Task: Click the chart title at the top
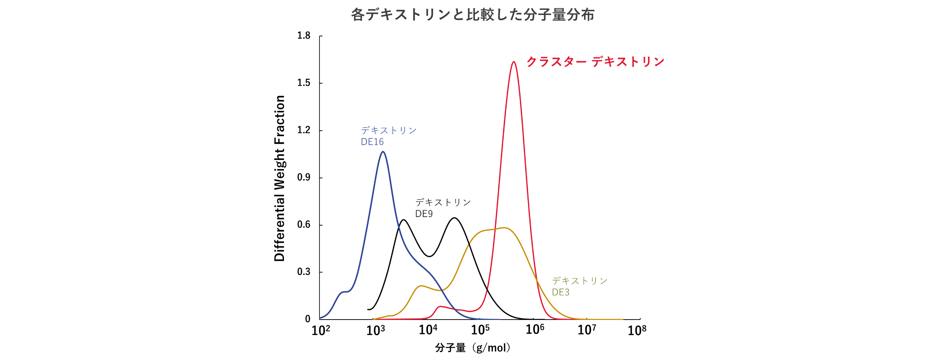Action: point(473,15)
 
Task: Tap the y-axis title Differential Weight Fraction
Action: point(279,178)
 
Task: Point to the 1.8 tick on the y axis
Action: point(304,35)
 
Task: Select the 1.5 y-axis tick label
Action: point(304,83)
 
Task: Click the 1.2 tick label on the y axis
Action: point(304,130)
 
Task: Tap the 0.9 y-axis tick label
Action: point(304,177)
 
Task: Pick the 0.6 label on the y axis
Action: point(304,225)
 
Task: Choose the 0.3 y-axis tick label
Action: point(304,272)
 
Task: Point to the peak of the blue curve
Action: point(383,152)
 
